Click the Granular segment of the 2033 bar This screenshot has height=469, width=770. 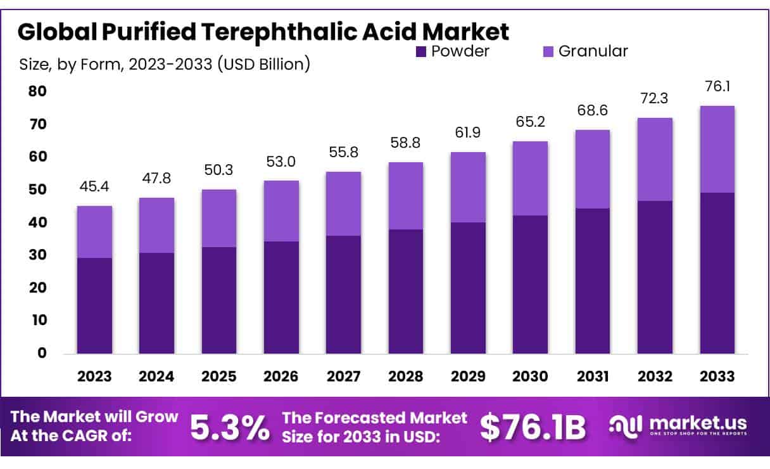[x=717, y=149]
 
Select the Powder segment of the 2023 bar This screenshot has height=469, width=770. [x=94, y=305]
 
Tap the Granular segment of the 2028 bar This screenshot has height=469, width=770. [x=406, y=196]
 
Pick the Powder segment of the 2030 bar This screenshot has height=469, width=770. [x=530, y=285]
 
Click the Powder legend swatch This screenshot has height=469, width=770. [x=421, y=51]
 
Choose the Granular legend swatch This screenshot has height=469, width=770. [x=548, y=51]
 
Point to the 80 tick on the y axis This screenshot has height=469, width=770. [x=37, y=91]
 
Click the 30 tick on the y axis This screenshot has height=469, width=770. [x=37, y=255]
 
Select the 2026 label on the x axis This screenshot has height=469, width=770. [x=281, y=376]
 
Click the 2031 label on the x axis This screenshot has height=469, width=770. [x=593, y=376]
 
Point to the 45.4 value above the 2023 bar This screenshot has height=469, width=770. [x=94, y=187]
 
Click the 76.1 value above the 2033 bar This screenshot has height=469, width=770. [x=717, y=87]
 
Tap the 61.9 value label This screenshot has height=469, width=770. [x=468, y=133]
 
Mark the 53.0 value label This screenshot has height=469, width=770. [x=281, y=162]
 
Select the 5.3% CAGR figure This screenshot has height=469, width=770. [x=229, y=428]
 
